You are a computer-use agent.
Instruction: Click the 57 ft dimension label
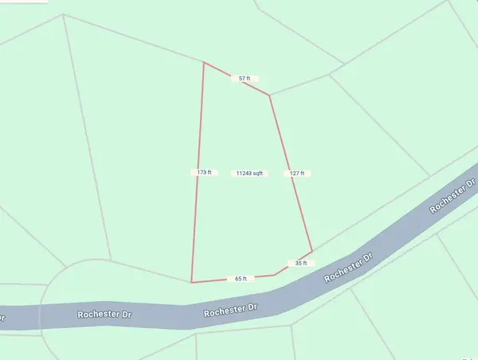pyautogui.click(x=245, y=78)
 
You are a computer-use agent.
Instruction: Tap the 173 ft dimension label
pyautogui.click(x=204, y=172)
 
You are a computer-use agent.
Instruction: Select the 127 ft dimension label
pyautogui.click(x=297, y=173)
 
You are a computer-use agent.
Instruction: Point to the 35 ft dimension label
pyautogui.click(x=300, y=263)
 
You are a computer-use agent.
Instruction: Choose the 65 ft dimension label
pyautogui.click(x=241, y=279)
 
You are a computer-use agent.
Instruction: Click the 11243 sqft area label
pyautogui.click(x=249, y=173)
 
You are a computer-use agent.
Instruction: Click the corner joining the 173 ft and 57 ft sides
pyautogui.click(x=204, y=62)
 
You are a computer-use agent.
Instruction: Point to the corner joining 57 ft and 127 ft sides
pyautogui.click(x=269, y=96)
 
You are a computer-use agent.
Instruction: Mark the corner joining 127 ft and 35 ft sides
pyautogui.click(x=311, y=251)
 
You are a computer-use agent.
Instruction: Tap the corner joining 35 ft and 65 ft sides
pyautogui.click(x=275, y=275)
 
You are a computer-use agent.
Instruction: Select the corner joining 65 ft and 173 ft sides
pyautogui.click(x=192, y=282)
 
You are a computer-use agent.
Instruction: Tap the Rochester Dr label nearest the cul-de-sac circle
pyautogui.click(x=104, y=314)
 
